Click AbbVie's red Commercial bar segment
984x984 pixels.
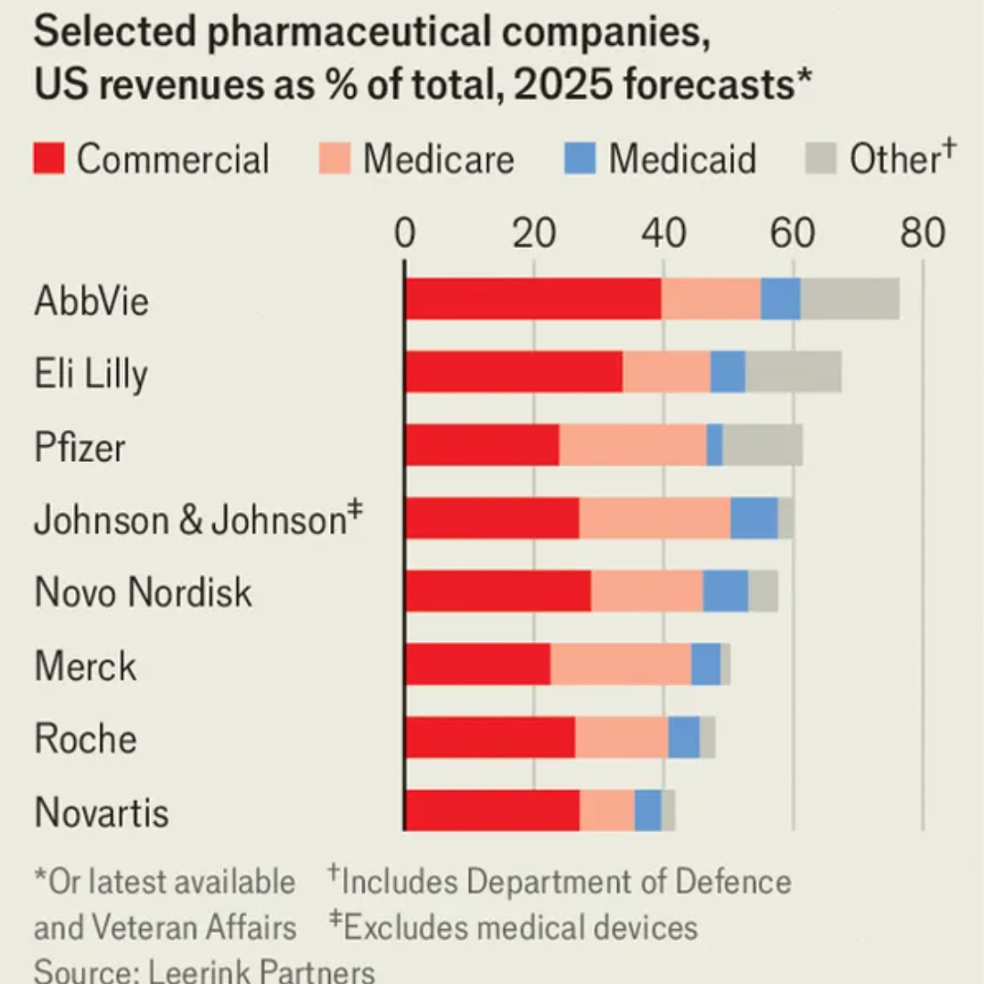(532, 299)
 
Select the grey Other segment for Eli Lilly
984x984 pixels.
(793, 372)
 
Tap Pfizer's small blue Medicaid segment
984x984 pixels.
(714, 445)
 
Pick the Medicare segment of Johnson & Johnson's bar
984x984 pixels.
(654, 519)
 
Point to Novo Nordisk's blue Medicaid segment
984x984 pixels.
(725, 592)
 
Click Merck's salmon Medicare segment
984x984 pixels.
(620, 665)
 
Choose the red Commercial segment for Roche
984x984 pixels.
(489, 738)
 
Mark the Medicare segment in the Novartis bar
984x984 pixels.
(607, 811)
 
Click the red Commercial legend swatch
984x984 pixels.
(49, 158)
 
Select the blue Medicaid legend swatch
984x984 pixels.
(580, 158)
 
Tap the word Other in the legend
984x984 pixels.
(892, 159)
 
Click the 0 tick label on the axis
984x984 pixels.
(404, 234)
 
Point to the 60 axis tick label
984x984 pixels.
(792, 234)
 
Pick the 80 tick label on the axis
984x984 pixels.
(922, 234)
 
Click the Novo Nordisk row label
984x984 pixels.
(143, 593)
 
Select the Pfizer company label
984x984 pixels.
(80, 447)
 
